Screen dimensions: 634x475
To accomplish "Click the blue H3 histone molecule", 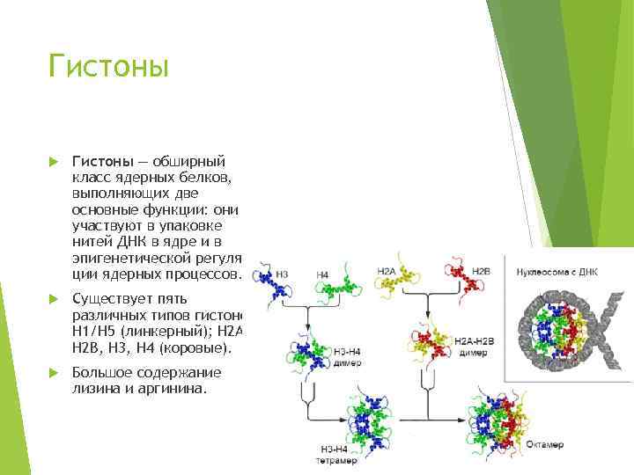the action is pos(264,283).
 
